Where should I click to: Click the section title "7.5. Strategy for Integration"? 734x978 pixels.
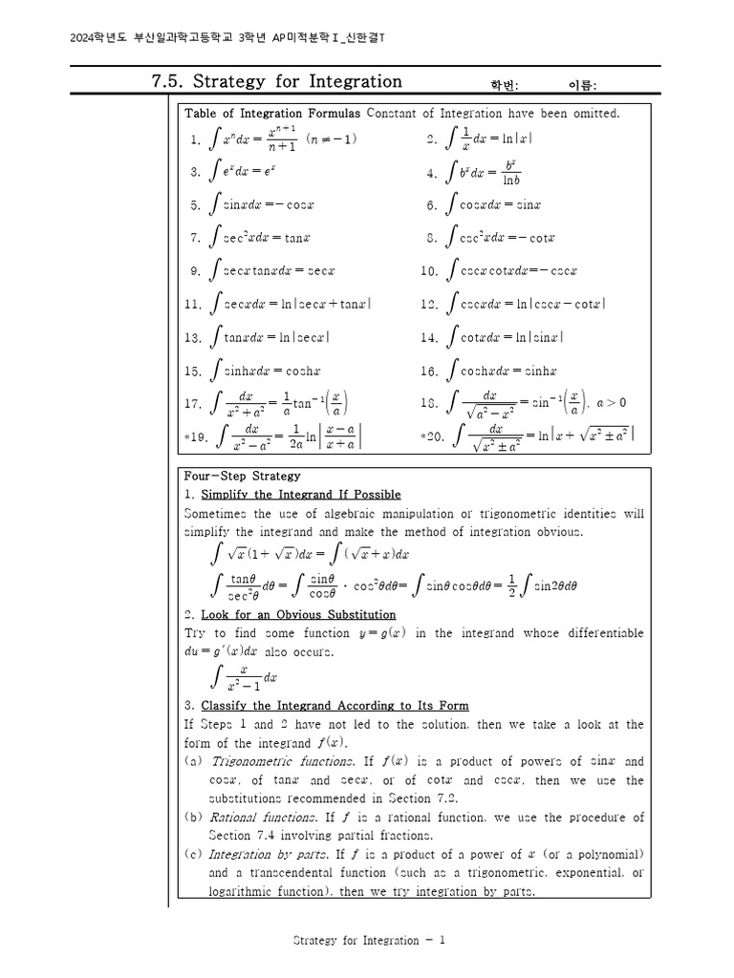277,81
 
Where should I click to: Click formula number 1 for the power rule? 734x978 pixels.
272,139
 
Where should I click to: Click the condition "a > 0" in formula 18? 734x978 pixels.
611,403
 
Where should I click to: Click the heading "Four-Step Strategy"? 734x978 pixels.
242,476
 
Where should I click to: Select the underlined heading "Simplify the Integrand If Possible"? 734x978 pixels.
300,494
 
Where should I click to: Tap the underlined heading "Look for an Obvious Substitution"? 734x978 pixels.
297,614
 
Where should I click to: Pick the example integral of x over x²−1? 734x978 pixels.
243,677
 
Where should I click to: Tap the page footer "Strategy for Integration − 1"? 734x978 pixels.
369,940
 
